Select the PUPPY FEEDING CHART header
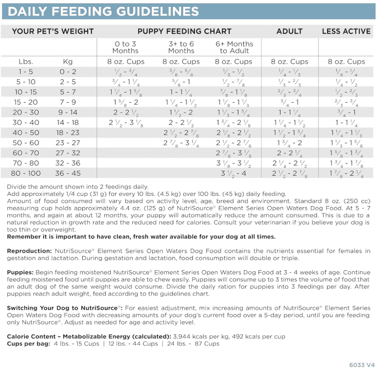click(184, 31)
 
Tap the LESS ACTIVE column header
click(346, 31)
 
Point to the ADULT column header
click(289, 31)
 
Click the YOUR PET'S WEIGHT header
click(53, 31)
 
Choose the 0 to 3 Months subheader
click(126, 47)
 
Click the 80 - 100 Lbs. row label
click(25, 173)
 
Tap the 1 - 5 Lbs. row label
click(25, 72)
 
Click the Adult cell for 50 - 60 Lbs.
click(289, 143)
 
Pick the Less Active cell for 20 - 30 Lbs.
click(346, 113)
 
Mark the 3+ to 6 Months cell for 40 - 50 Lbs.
click(181, 133)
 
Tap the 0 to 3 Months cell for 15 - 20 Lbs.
click(126, 102)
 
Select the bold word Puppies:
click(20, 272)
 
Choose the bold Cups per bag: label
click(27, 344)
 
